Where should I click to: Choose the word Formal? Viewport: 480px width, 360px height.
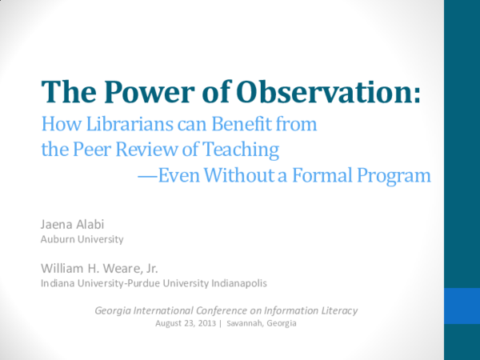[328, 174]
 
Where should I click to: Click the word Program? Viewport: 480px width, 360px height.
[396, 174]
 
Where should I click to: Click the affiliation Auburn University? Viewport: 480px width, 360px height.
[82, 238]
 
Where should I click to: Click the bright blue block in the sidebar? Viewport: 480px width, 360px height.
[462, 306]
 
